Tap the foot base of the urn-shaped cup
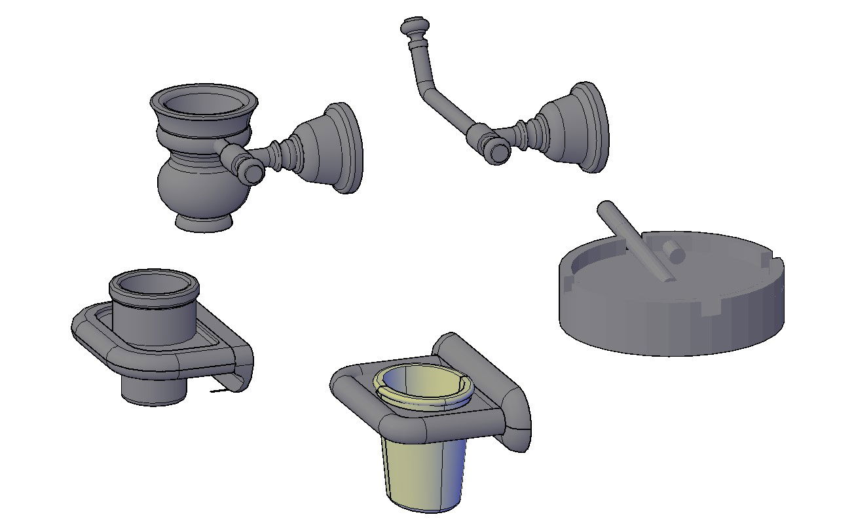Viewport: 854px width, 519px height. tap(204, 223)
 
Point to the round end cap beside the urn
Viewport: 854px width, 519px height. tap(253, 172)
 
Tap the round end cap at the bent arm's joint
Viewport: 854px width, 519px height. tap(500, 152)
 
